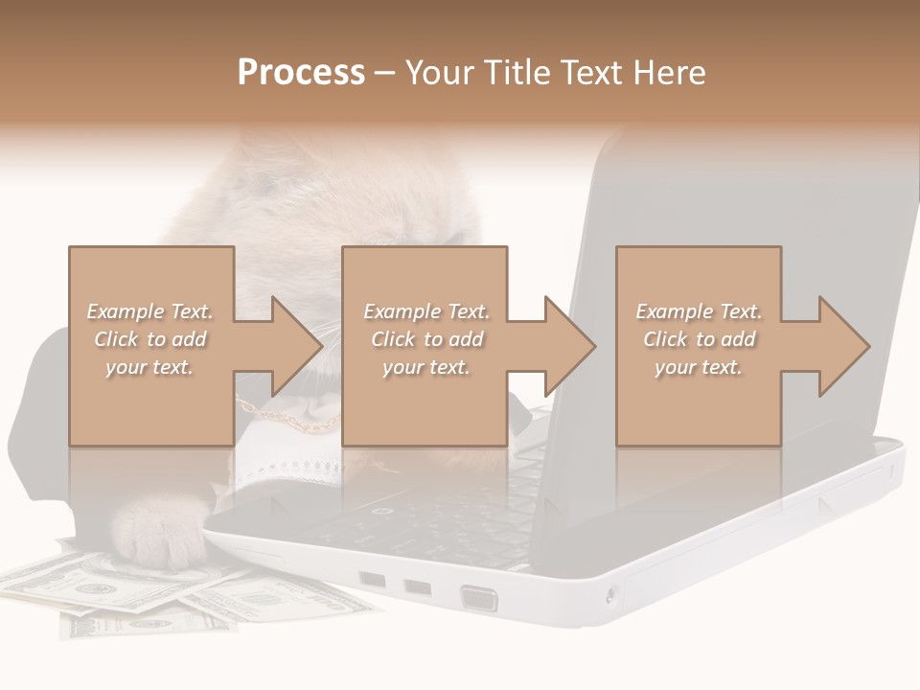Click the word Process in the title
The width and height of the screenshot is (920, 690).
click(301, 73)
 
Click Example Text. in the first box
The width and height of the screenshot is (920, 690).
click(149, 311)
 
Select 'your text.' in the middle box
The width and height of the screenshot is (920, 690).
click(426, 367)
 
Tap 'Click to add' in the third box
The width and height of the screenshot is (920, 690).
click(699, 339)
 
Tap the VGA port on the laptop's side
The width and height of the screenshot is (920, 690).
click(478, 599)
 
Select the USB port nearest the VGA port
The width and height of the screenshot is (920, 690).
click(417, 586)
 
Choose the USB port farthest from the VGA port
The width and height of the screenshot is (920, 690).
click(372, 580)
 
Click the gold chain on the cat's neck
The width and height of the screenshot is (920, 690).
click(287, 420)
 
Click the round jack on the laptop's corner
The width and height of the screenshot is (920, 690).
click(611, 597)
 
